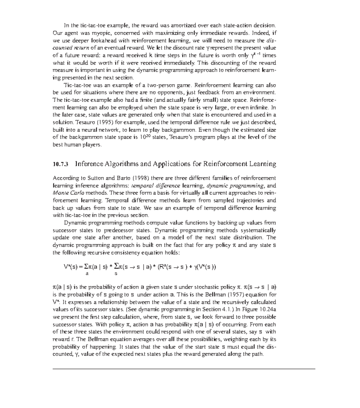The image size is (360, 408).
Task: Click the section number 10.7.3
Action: (61, 164)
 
